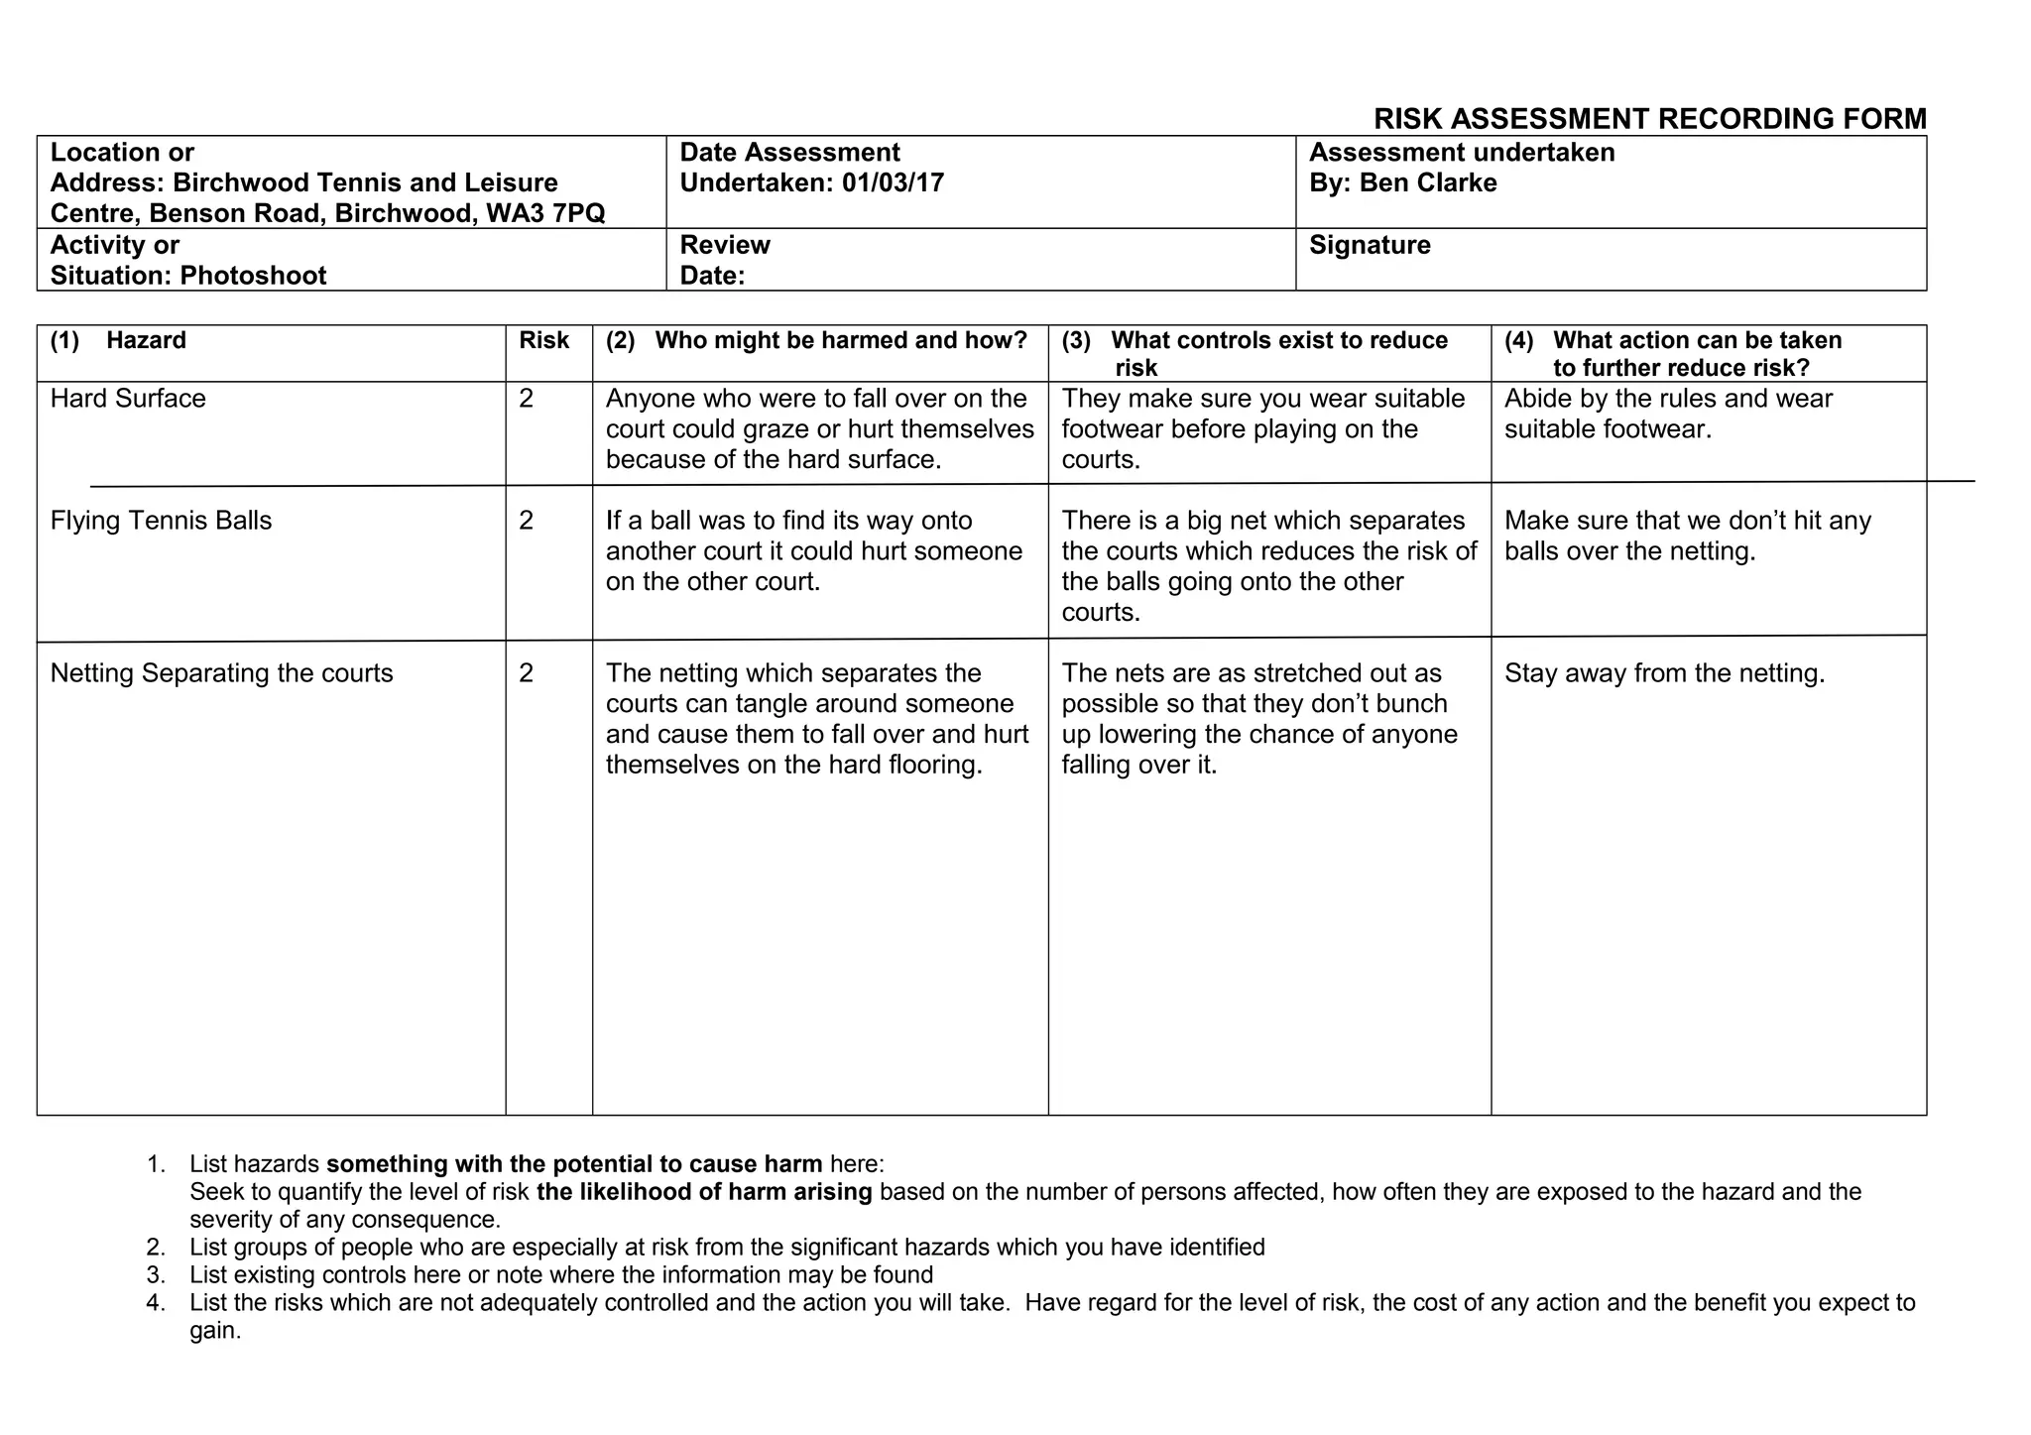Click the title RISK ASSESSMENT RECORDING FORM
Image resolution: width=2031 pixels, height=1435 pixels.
click(1649, 119)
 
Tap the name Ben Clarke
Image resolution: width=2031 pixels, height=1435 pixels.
click(1427, 182)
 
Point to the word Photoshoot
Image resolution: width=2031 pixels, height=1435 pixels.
click(253, 275)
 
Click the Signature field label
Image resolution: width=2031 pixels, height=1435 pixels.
click(1370, 245)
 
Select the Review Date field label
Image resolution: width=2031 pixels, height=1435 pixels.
click(724, 260)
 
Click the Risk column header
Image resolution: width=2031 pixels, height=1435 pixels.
click(543, 340)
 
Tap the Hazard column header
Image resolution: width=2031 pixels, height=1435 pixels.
click(146, 340)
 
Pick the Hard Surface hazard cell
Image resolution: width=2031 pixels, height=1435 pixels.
click(128, 399)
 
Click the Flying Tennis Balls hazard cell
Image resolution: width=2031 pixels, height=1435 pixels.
click(161, 521)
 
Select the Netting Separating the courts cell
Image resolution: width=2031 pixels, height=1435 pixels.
click(221, 673)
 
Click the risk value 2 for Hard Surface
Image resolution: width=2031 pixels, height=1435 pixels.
click(526, 399)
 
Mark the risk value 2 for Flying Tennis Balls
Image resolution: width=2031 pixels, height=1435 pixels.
click(526, 521)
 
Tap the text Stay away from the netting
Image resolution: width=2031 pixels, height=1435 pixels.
click(1664, 673)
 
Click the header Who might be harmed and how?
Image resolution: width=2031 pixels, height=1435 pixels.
click(840, 340)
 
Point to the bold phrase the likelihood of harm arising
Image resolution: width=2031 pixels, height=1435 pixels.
click(704, 1192)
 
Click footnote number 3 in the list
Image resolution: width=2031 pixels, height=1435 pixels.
click(155, 1275)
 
